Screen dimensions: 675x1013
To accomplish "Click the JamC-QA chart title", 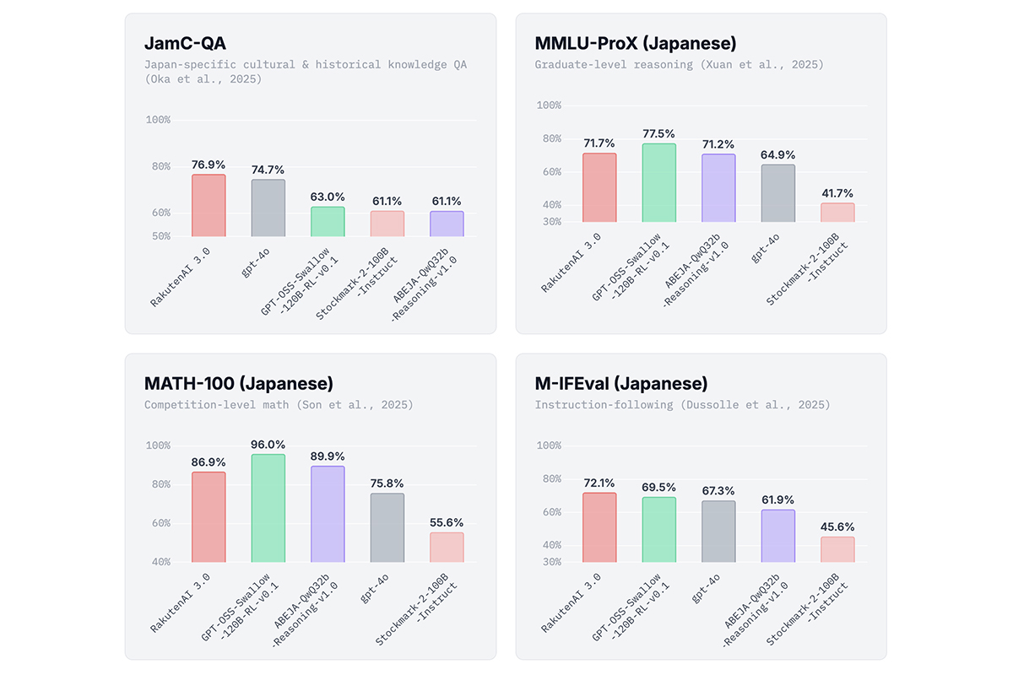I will pos(185,44).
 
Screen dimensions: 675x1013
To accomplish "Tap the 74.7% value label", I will pos(268,170).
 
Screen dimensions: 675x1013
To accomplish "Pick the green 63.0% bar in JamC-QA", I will pos(328,221).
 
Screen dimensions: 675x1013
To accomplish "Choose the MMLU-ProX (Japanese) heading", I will pos(634,44).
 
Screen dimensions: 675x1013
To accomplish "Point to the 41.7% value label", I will pos(837,193).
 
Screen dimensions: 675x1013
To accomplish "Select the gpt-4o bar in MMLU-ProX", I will pos(777,193).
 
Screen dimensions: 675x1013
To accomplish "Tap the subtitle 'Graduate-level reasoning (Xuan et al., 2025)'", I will pos(679,64).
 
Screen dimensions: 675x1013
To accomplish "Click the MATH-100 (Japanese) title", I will pos(239,384).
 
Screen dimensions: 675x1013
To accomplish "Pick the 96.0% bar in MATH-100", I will pos(268,508).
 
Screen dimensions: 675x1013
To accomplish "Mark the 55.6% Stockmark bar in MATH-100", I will pos(447,547).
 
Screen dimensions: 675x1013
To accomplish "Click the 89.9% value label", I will pos(328,456).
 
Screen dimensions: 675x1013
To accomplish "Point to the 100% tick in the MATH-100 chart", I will pos(158,445).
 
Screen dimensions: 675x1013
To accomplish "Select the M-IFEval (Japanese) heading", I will pos(621,384).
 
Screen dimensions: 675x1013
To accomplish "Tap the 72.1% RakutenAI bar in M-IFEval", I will pos(599,527).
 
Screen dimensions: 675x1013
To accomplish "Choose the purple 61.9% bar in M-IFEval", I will pos(777,536).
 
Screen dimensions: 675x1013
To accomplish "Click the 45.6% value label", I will pos(837,527).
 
